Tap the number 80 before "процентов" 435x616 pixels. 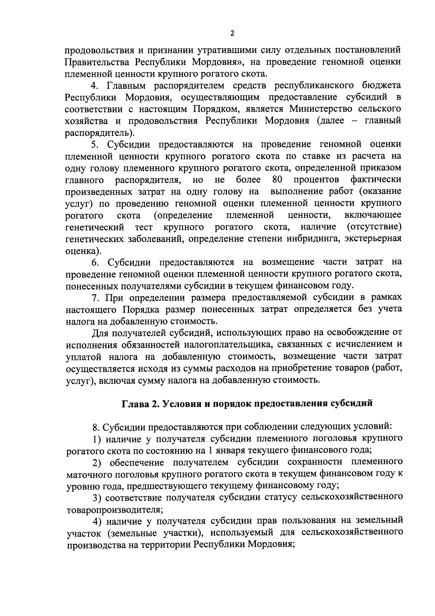tap(277, 180)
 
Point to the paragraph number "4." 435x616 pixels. tap(95, 86)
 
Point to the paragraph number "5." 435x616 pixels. tap(95, 144)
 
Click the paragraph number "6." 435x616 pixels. tap(95, 262)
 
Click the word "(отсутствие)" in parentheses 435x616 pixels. tap(374, 227)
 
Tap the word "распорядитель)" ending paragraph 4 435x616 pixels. tap(100, 133)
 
